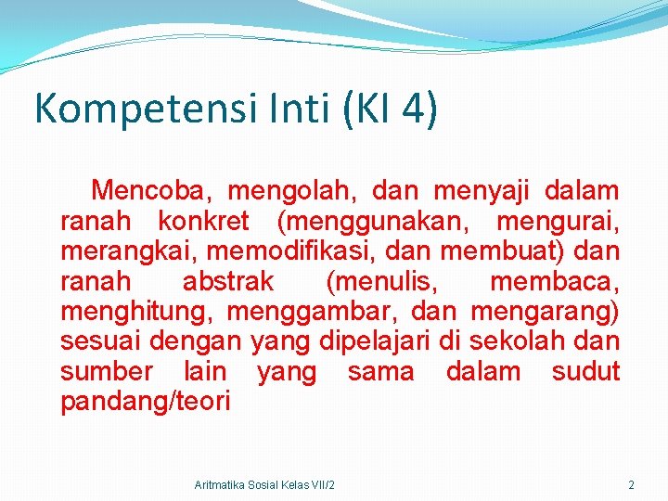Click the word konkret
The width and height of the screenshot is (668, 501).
[x=203, y=222]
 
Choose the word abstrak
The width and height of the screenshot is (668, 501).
[x=228, y=281]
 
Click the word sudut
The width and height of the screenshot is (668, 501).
[x=585, y=371]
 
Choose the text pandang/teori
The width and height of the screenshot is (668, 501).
[x=146, y=402]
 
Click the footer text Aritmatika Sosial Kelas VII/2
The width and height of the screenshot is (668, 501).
[x=265, y=485]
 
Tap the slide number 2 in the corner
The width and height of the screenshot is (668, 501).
[x=631, y=485]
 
